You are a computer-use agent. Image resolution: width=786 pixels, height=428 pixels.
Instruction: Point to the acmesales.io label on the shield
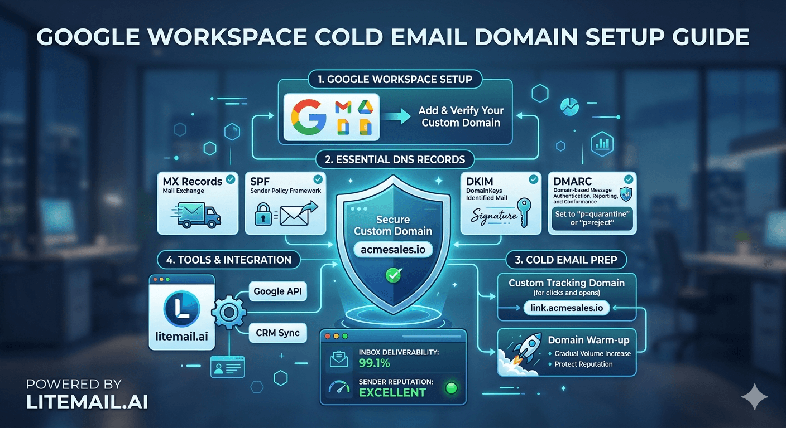click(393, 249)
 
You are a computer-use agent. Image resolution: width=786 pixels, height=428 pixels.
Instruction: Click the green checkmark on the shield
click(393, 274)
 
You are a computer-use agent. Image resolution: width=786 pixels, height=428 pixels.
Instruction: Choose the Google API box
click(277, 291)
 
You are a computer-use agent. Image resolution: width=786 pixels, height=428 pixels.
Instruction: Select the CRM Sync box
click(277, 333)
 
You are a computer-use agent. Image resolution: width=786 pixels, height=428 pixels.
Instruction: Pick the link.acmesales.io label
click(567, 308)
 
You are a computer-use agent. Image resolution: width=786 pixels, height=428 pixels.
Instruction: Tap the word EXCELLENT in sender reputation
click(392, 392)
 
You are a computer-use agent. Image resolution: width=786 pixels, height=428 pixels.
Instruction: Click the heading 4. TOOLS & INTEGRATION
click(229, 259)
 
